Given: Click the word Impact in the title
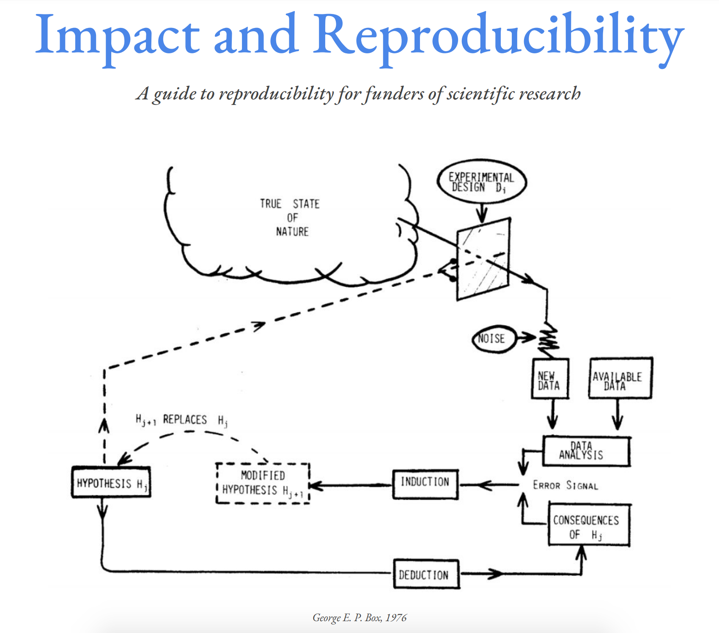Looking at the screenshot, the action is click(x=117, y=36).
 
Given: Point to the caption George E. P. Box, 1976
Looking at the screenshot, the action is click(x=359, y=618).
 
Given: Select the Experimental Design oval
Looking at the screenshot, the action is click(x=481, y=182).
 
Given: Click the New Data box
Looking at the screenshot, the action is click(x=549, y=379).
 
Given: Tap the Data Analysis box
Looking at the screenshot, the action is click(x=586, y=451).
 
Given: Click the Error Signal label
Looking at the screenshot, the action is click(x=565, y=485).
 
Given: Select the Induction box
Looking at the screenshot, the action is click(x=425, y=484).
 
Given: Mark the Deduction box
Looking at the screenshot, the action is click(x=425, y=574).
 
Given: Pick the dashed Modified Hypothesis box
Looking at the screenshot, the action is click(x=263, y=483).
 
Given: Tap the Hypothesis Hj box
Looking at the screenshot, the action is click(x=111, y=482).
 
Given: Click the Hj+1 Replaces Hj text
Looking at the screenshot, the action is click(x=182, y=420).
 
